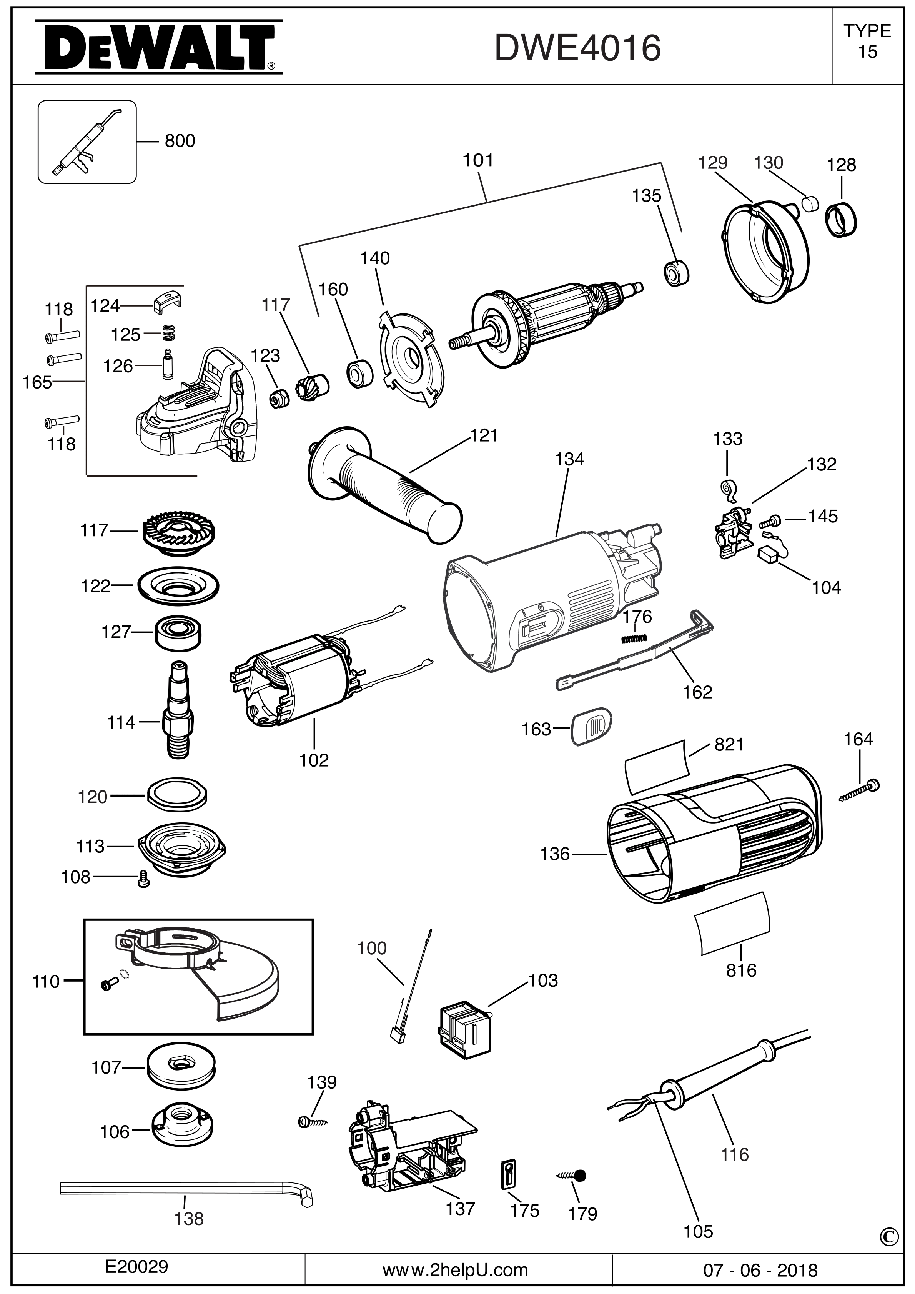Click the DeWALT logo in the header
(158, 48)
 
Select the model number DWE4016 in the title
(577, 48)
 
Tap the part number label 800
(180, 140)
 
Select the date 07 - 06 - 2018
(760, 1270)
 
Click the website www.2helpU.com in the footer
(455, 1270)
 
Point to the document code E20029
(137, 1267)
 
